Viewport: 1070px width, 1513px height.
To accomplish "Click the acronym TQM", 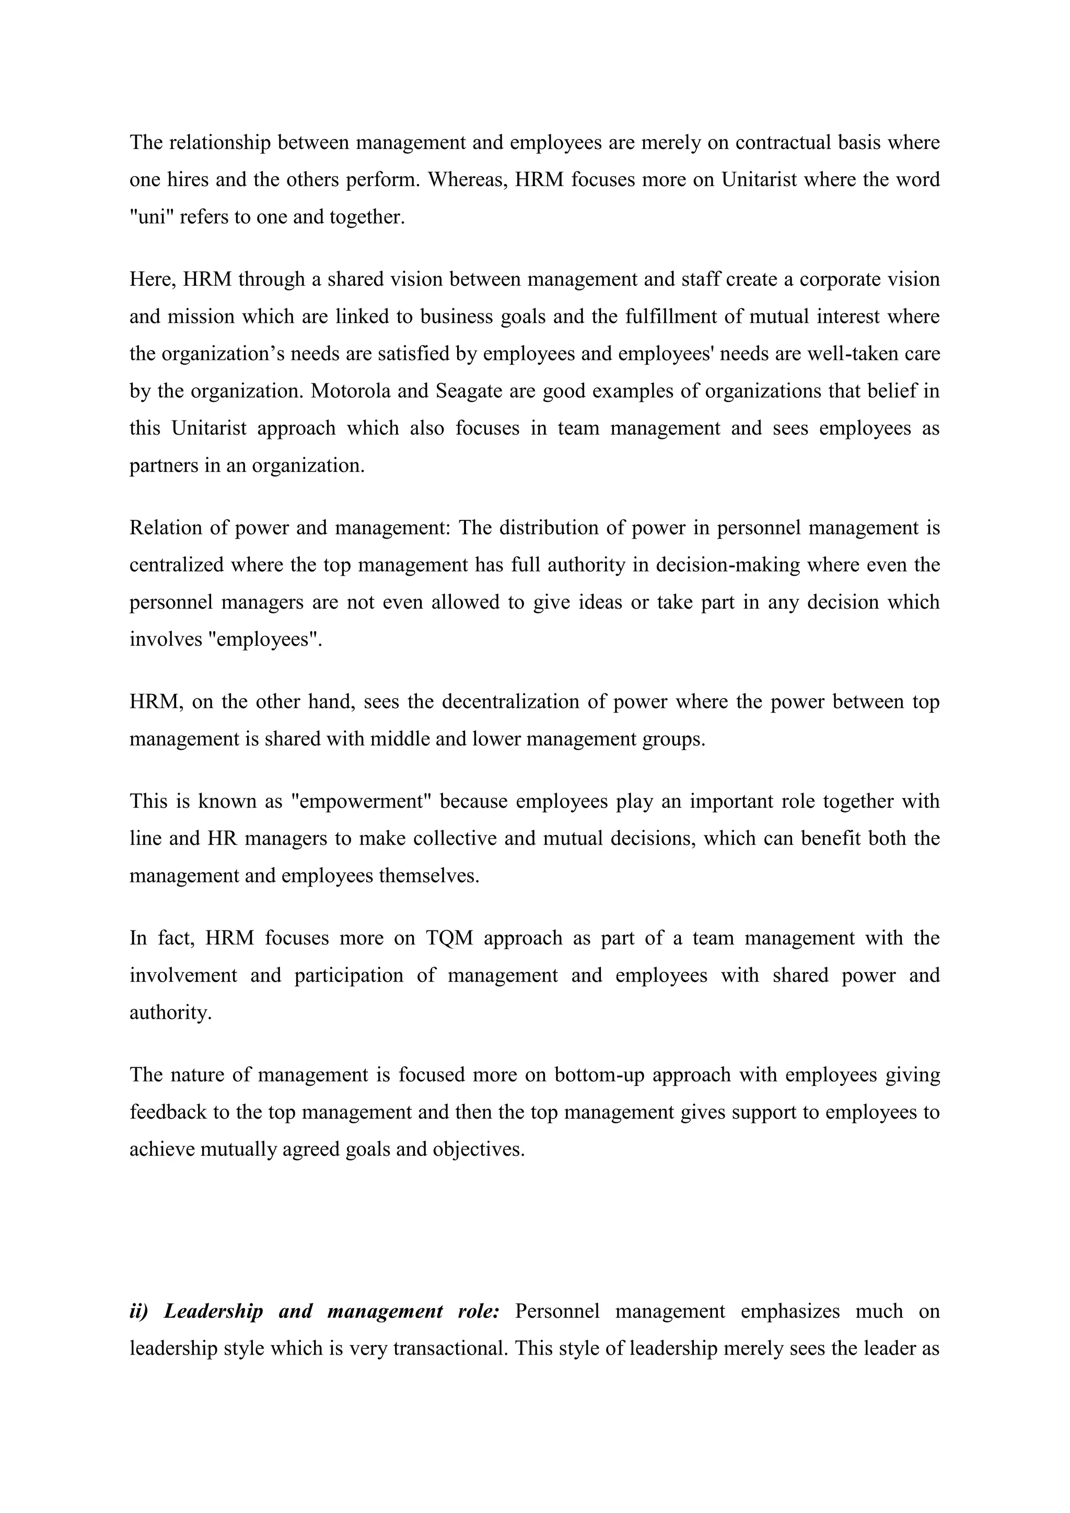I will pos(449,938).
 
